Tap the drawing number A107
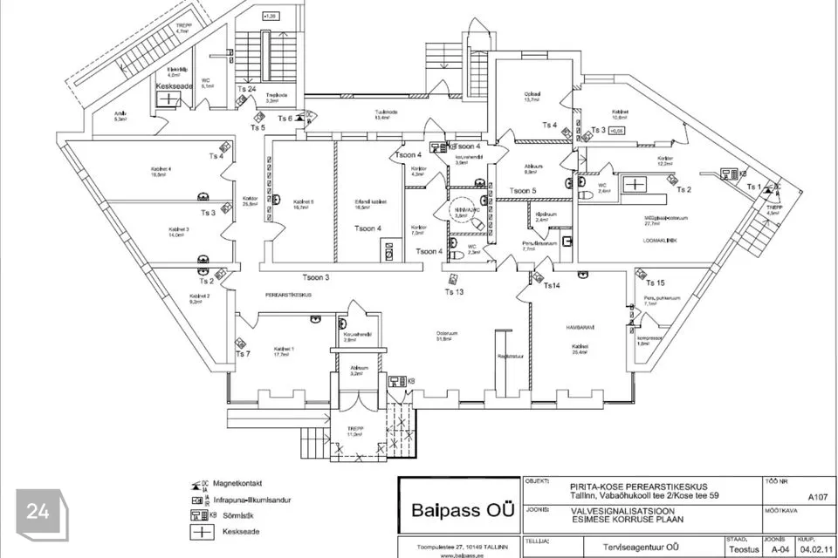coord(817,496)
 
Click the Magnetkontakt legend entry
coord(237,484)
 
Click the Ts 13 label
coord(454,291)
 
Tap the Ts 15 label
coord(655,282)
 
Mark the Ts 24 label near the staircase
coord(246,89)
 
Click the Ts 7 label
coord(243,354)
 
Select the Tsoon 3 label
coord(316,277)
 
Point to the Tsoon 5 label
coord(523,190)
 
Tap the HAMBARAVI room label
coord(580,327)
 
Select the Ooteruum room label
coord(448,332)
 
